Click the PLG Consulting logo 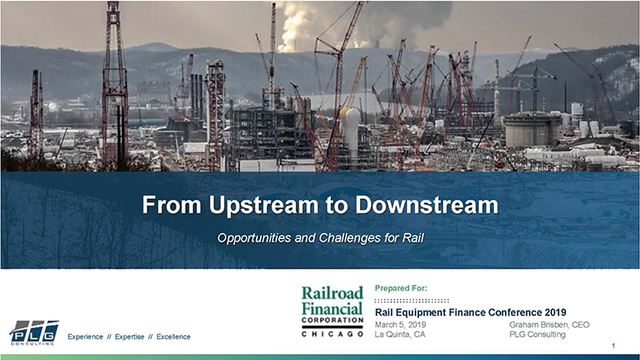coord(34,333)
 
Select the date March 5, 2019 coord(403,325)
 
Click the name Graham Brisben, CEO coord(549,325)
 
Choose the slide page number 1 coord(614,345)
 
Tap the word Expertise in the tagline coord(133,338)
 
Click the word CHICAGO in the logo coord(333,334)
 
